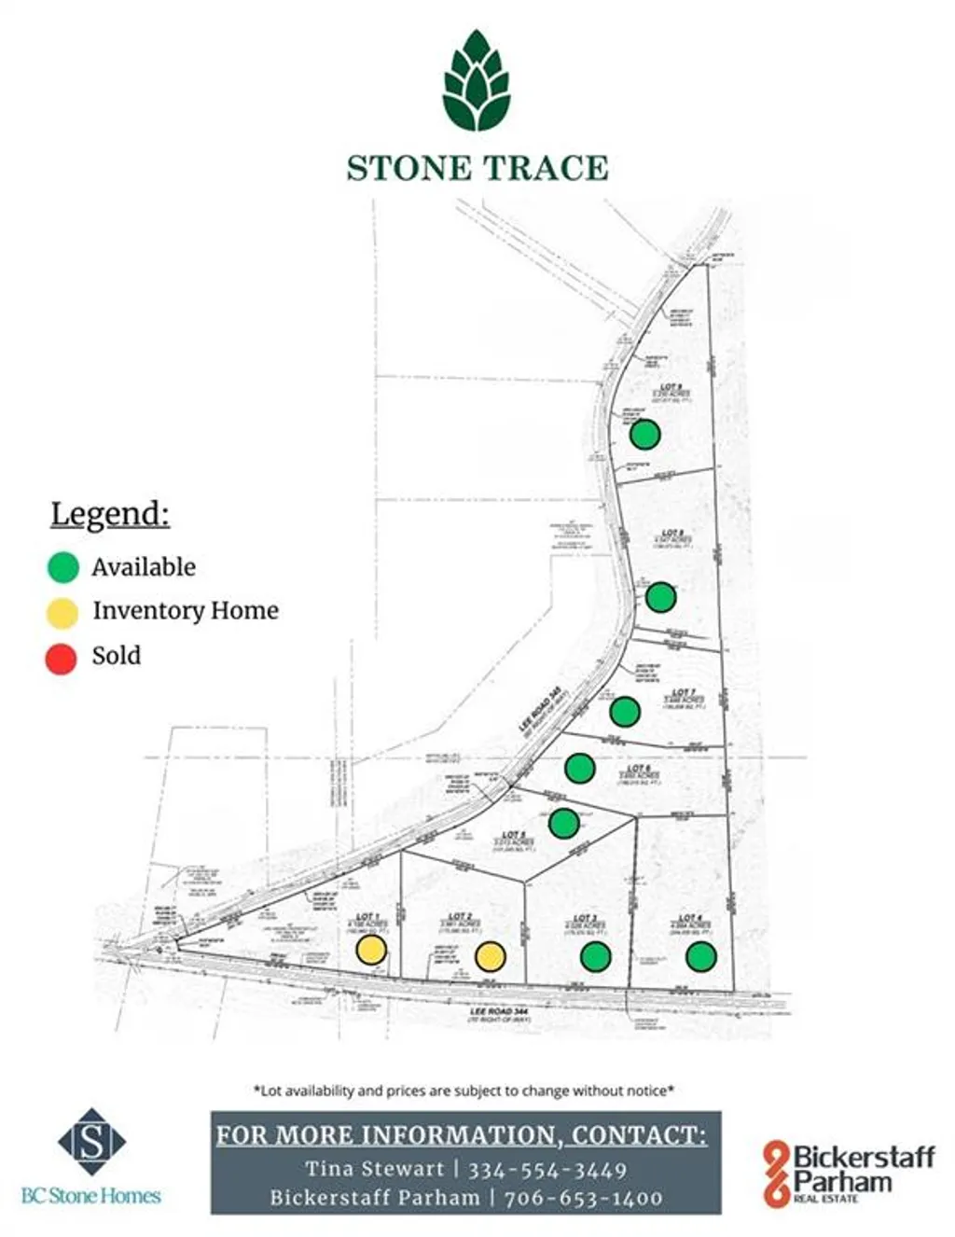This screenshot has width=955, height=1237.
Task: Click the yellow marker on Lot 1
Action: pos(371,950)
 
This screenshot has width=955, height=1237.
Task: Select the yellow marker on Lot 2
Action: pos(491,956)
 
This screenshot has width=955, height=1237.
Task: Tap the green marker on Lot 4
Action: pos(700,956)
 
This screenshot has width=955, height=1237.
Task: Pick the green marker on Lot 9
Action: pos(644,434)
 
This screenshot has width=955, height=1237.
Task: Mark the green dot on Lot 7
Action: pos(625,712)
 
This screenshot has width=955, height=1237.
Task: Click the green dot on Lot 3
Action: pos(595,956)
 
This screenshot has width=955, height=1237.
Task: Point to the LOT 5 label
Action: pos(514,835)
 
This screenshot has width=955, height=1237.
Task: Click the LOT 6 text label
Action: pos(639,769)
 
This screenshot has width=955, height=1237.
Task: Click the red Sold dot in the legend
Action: pos(62,658)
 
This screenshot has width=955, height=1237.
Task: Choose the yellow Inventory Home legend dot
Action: pos(62,613)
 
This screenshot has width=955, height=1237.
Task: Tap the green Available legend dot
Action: pos(62,567)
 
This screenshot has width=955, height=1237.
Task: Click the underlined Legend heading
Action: pos(110,514)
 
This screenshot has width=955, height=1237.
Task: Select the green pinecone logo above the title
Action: pos(477,80)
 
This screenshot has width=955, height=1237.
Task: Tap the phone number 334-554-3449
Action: pos(547,1169)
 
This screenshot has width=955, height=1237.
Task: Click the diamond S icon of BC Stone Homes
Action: pos(91,1141)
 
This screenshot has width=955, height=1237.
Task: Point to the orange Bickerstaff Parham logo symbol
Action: pos(776,1174)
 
